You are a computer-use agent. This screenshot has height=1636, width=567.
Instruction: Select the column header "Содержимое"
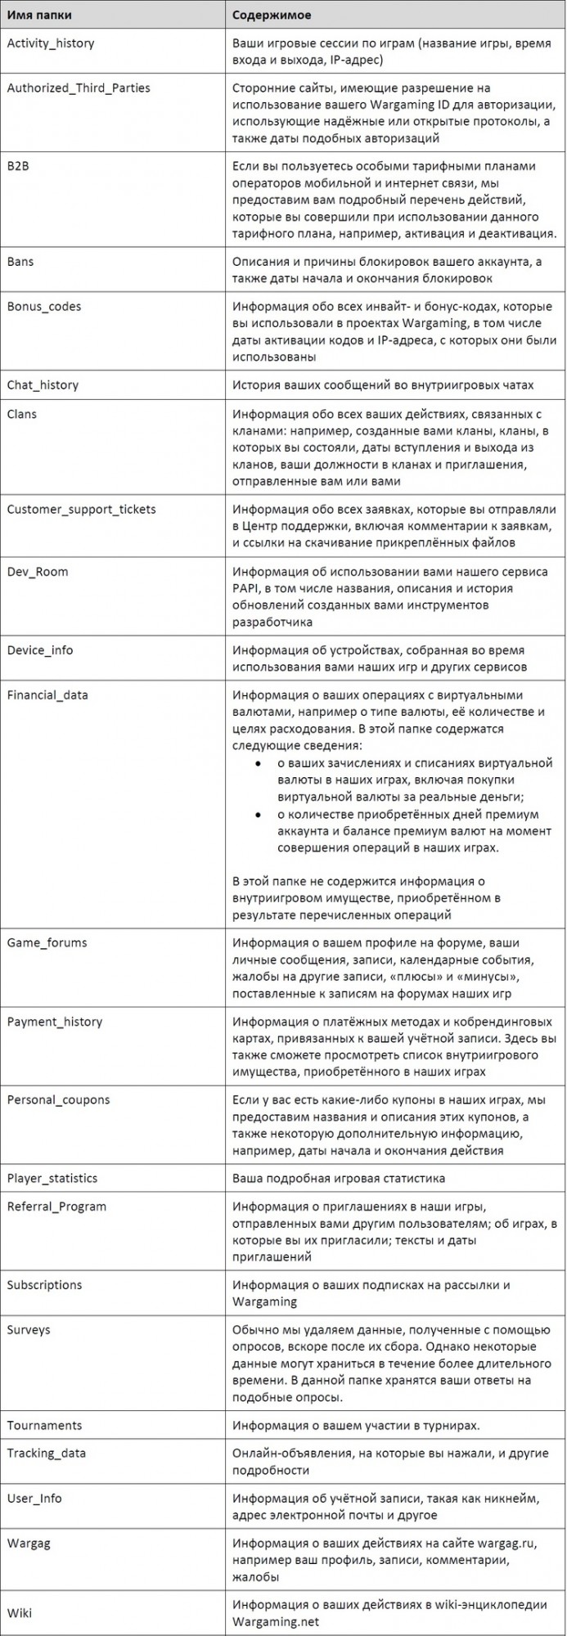270,14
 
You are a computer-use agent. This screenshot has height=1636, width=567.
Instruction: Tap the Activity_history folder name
50,43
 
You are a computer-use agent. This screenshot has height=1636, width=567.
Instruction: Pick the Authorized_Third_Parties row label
79,88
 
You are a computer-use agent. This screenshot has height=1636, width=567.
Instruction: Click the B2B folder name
18,166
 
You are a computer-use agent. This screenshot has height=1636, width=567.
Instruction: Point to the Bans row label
20,262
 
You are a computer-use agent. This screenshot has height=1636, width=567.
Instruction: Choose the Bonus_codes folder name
43,307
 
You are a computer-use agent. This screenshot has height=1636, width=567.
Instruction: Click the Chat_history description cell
383,385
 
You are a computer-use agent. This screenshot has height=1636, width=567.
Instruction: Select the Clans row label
22,414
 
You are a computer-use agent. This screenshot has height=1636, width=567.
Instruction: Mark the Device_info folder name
40,650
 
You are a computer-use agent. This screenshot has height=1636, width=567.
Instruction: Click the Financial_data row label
47,695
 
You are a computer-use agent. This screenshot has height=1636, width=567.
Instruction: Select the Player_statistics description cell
339,1179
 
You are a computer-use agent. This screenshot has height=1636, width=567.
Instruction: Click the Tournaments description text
356,1425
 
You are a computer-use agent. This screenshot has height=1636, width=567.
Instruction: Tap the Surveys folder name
29,1330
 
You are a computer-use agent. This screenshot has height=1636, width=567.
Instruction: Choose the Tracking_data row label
46,1454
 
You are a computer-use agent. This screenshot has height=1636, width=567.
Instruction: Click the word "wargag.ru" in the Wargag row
506,1544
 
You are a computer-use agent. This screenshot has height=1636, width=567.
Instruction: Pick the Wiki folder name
20,1612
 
